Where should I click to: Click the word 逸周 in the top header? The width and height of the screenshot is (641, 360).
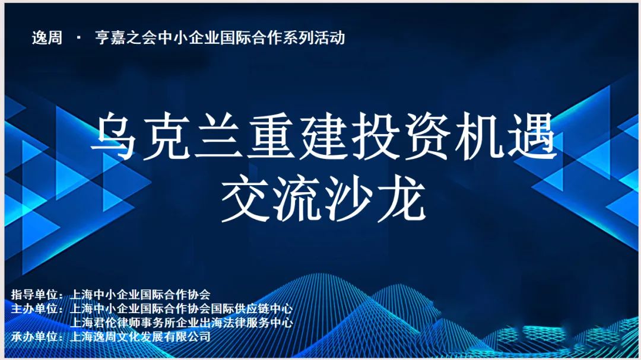[47, 38]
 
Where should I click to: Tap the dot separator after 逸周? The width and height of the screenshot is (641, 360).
[78, 38]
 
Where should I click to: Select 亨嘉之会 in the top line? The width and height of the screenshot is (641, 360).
[126, 38]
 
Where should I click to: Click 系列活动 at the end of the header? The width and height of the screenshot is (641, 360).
[314, 38]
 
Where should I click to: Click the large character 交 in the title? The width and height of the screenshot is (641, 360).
[245, 198]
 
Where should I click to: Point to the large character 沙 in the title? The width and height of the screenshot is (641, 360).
[350, 198]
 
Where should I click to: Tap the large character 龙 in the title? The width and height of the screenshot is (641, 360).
[402, 198]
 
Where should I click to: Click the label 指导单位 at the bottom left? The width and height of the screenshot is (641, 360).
[34, 294]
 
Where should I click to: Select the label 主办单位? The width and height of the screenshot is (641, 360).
[34, 308]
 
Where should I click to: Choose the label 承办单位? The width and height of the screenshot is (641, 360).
[34, 337]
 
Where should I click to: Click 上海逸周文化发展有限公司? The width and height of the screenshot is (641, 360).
[140, 337]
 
